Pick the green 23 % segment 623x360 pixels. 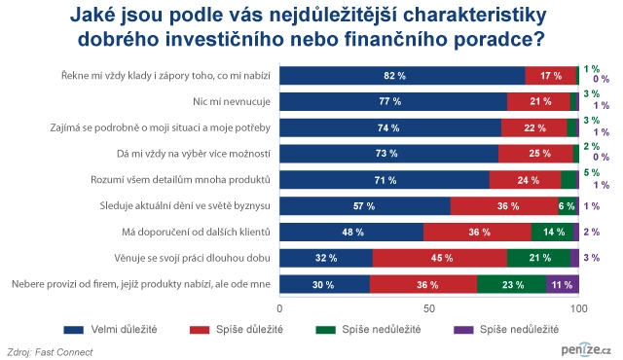tap(512, 284)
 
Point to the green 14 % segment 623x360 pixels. tap(551, 232)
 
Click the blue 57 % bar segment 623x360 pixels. tap(365, 205)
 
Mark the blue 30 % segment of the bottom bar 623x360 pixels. tap(325, 284)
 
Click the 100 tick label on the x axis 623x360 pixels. tap(578, 306)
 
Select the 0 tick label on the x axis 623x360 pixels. tap(280, 306)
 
